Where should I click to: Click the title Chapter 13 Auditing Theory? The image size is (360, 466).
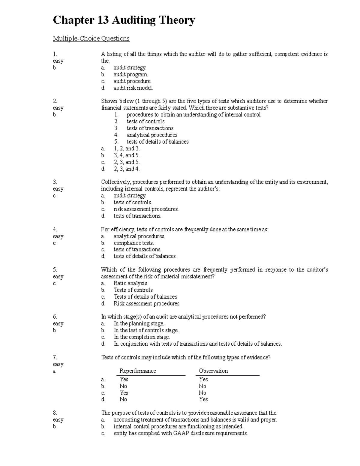coord(124,21)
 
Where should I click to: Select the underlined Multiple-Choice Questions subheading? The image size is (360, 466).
coord(91,38)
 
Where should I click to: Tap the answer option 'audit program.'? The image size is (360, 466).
coord(130,74)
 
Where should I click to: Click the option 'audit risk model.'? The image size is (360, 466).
coord(133,88)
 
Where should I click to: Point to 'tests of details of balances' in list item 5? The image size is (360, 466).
coord(157,142)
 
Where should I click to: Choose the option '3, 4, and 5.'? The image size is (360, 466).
coord(126,155)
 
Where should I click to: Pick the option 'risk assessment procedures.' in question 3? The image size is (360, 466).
coord(146,209)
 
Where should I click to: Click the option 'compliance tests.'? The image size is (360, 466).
coord(133,243)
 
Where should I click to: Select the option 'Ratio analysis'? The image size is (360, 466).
coord(130,283)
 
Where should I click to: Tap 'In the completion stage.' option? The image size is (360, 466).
coord(142,337)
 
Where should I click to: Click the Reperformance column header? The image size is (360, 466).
coord(138,371)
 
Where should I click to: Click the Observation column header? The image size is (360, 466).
coord(213,371)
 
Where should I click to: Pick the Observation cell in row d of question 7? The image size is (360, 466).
coord(203,399)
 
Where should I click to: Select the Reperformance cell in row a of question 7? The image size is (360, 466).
coord(124,379)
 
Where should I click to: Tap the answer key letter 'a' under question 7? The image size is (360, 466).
coord(54,371)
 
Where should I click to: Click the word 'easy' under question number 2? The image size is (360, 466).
coord(58,108)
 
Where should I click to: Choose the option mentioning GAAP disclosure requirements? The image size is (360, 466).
coord(181,433)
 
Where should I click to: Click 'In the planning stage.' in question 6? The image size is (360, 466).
coord(139,323)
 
